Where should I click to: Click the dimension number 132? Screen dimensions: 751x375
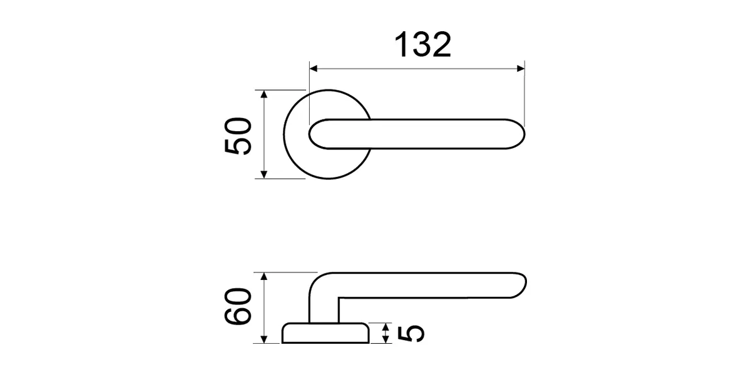tap(423, 44)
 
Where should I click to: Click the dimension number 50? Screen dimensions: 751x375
tap(238, 136)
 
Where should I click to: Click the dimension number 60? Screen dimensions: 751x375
tap(238, 306)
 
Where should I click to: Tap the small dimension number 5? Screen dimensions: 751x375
tap(411, 334)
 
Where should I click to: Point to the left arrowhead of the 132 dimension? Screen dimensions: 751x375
tap(313, 69)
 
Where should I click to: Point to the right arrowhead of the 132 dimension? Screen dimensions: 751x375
tap(521, 69)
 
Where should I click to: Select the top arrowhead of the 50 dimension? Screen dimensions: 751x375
tap(264, 94)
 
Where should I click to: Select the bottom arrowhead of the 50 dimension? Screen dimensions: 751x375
tap(264, 175)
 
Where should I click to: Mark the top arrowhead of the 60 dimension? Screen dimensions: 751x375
tap(264, 276)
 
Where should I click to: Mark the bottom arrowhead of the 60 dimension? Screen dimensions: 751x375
tap(264, 339)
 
